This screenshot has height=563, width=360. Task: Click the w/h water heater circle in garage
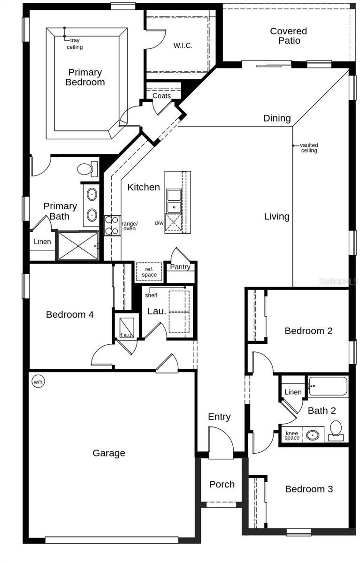[38, 382]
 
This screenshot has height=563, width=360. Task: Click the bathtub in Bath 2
[328, 387]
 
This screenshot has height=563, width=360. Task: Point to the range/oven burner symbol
[112, 225]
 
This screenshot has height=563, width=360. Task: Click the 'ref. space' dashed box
[149, 272]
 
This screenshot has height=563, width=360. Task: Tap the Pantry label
[180, 267]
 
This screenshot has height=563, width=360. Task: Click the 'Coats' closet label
[161, 96]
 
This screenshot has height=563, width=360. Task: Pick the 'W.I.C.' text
[183, 46]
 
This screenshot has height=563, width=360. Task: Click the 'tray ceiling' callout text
[74, 44]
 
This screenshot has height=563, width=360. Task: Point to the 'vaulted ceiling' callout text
[309, 148]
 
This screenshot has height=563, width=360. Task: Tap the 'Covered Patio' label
[288, 36]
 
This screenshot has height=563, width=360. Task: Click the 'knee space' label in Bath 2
[292, 435]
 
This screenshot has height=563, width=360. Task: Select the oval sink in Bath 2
[313, 435]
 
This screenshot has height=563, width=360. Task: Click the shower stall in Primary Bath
[77, 245]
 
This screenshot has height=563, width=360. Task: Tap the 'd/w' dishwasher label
[159, 223]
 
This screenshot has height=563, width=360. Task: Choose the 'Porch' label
[222, 484]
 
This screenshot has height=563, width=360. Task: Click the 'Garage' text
[109, 453]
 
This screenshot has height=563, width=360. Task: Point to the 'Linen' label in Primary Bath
[43, 242]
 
